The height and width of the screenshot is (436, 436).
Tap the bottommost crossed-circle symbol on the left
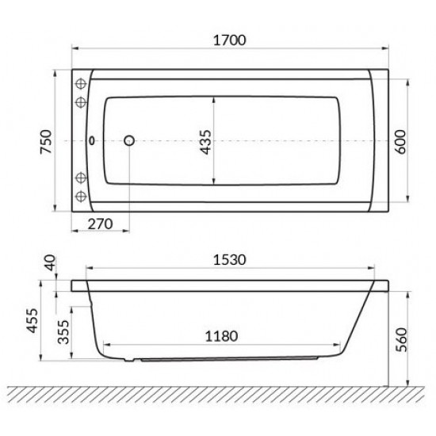(80, 197)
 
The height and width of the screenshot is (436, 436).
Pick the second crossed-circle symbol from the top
(80, 102)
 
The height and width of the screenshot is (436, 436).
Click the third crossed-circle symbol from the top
(80, 178)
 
